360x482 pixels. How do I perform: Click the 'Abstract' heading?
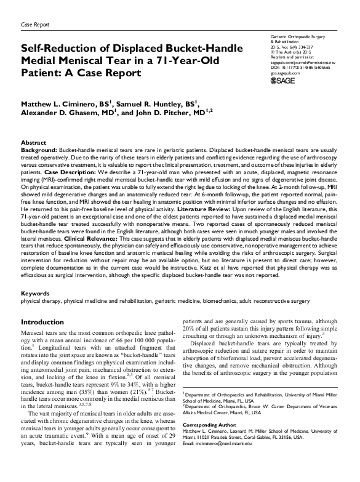(x=33, y=142)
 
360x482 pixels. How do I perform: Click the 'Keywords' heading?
(x=35, y=293)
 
